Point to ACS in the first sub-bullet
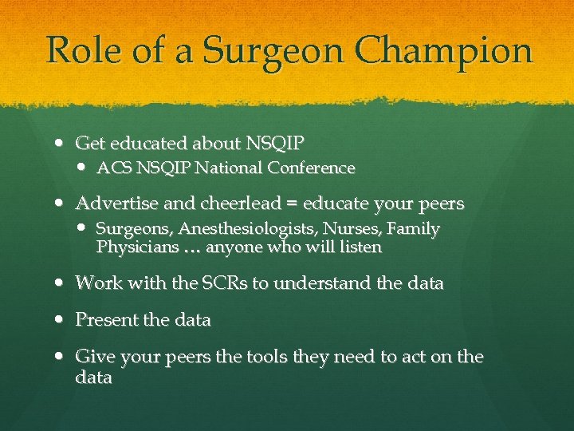pos(112,168)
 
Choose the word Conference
pos(312,168)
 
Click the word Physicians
pos(137,248)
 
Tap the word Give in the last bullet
pos(92,358)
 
